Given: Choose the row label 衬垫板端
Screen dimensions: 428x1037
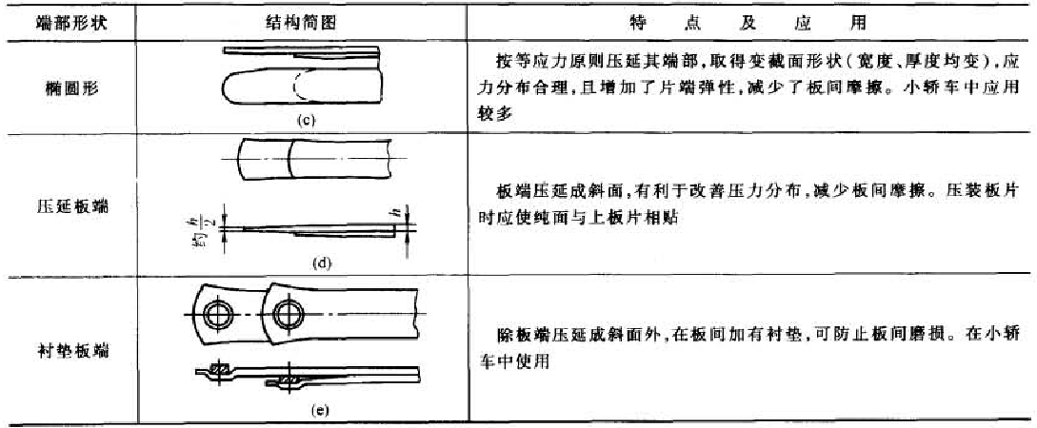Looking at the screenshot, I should (69, 351).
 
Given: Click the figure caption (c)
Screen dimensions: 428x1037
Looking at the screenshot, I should (304, 121).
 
